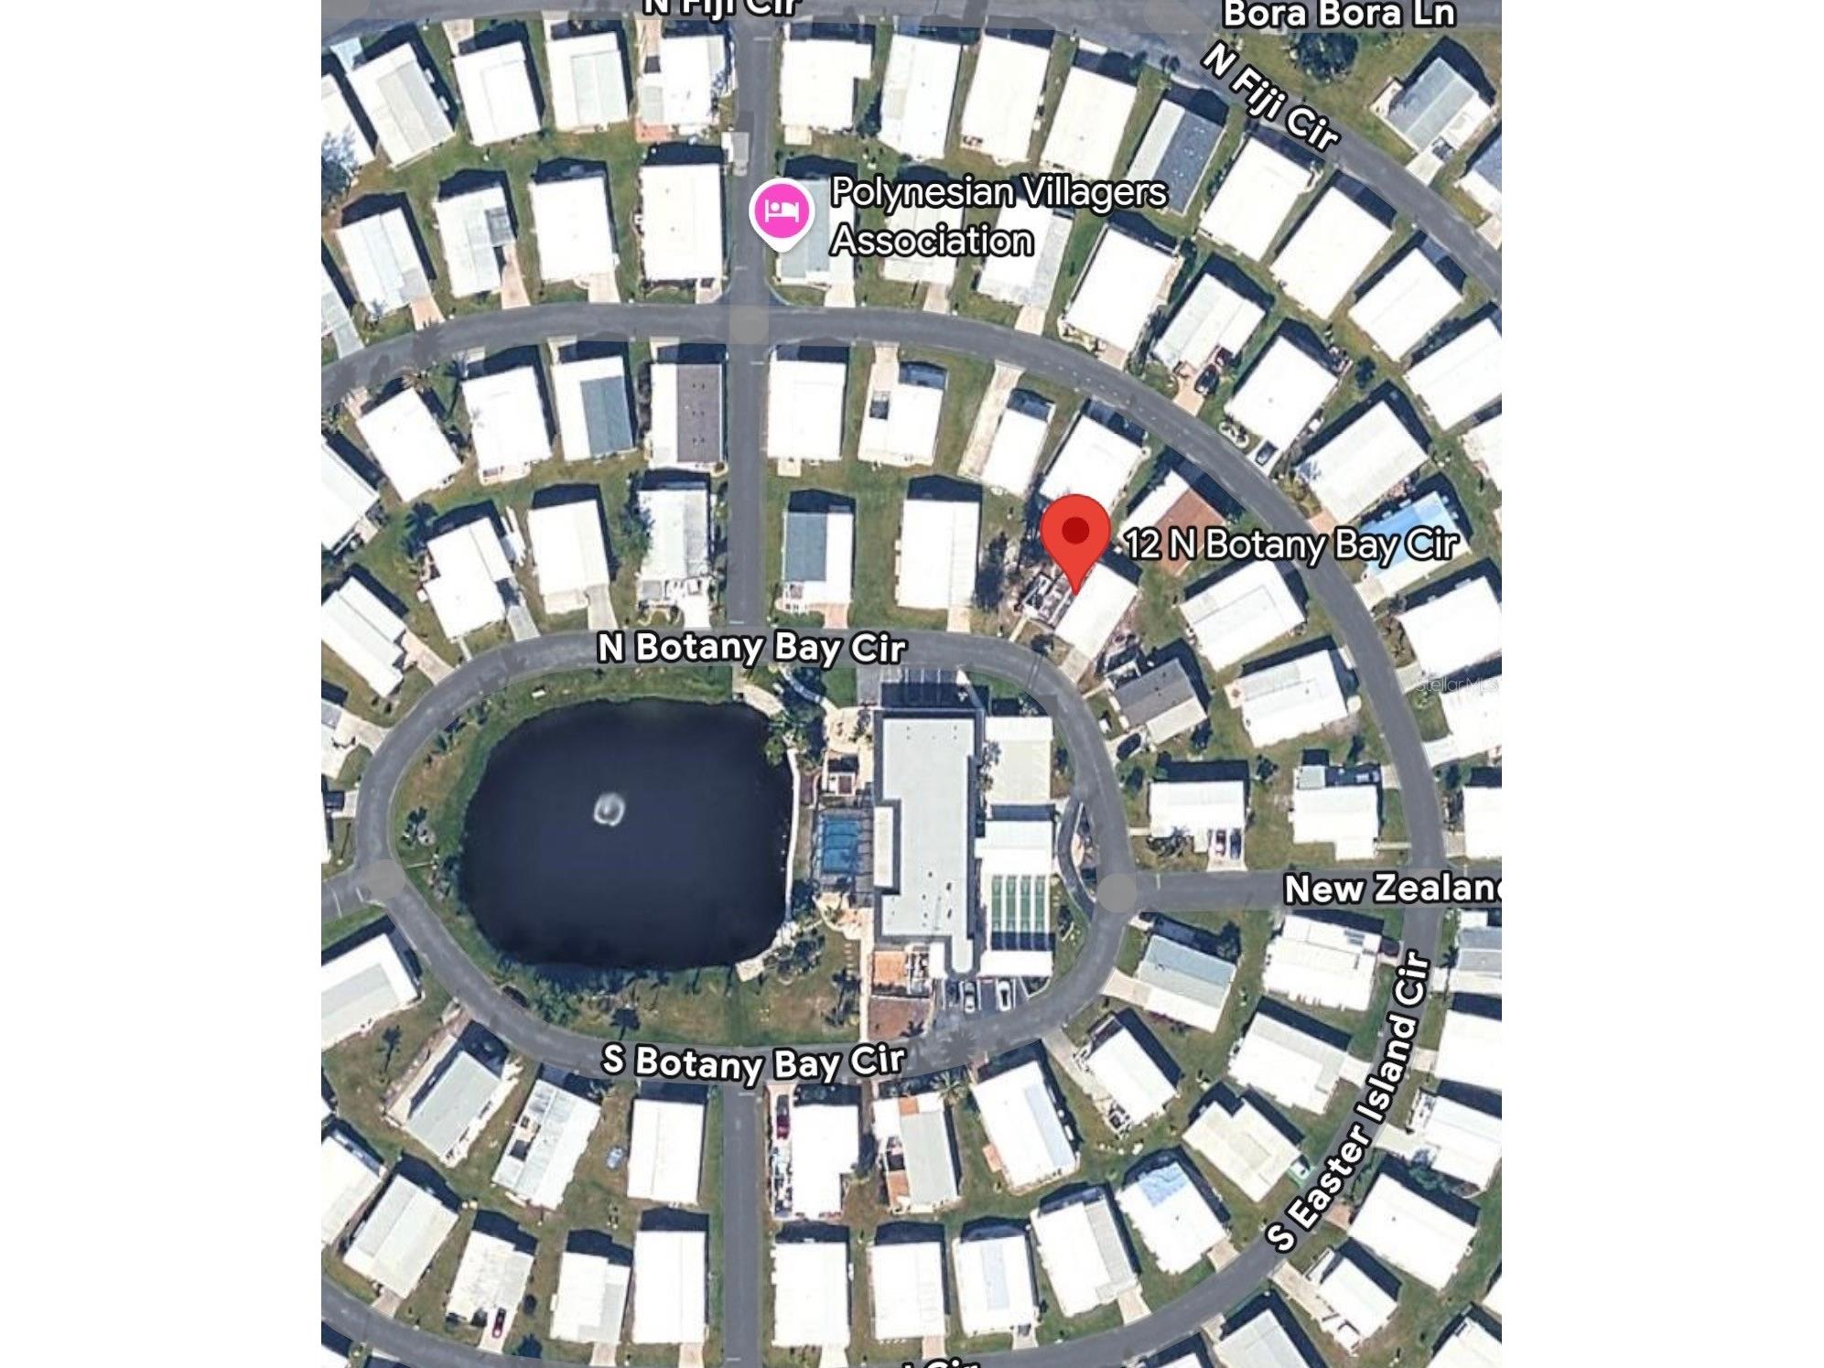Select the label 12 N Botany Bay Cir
coord(1290,544)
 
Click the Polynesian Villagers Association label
coord(998,216)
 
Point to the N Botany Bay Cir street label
coord(751,648)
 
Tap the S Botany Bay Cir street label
coord(753,1062)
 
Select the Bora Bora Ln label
coord(1338,14)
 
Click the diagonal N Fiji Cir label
coord(1270,97)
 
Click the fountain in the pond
coord(610,809)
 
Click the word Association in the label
coord(932,241)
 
